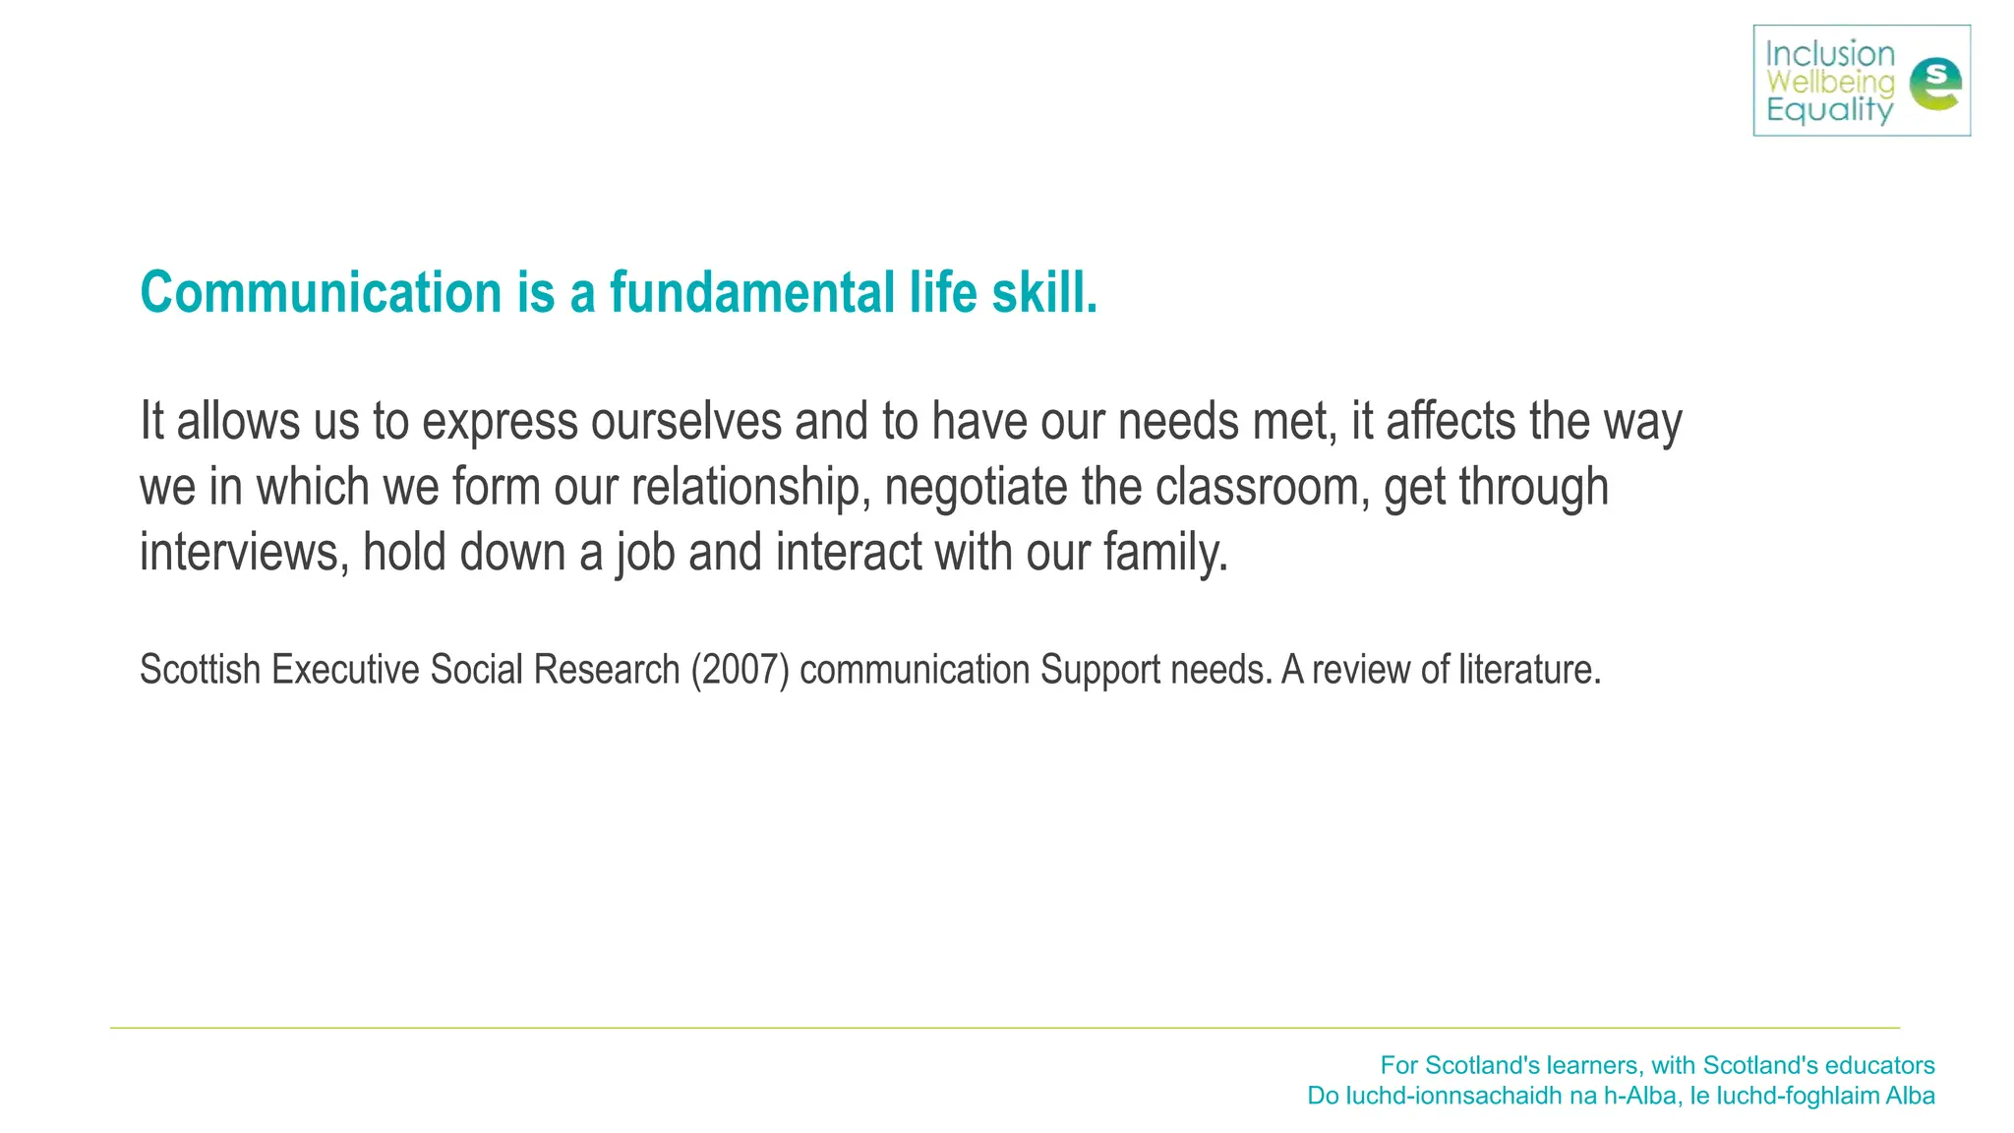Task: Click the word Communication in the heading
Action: click(x=321, y=293)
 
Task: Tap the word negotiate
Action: click(x=976, y=487)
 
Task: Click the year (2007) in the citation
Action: click(x=740, y=670)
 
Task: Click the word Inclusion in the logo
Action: click(x=1830, y=54)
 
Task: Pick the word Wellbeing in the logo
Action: click(x=1830, y=83)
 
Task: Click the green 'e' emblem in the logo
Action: click(x=1934, y=85)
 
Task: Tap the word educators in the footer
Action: click(x=1879, y=1065)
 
